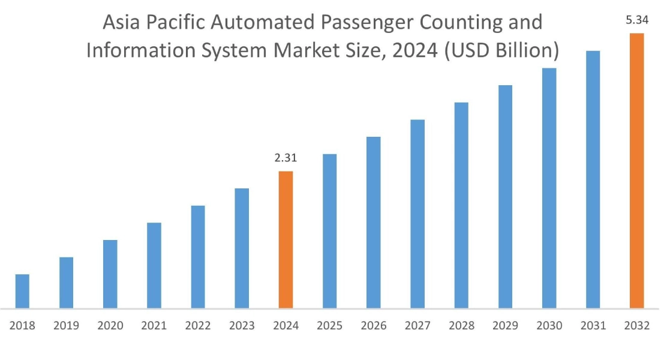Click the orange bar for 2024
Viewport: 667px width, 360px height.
(286, 240)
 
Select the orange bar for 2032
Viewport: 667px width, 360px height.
(636, 171)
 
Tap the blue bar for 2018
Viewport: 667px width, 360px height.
(22, 292)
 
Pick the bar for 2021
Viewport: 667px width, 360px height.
(154, 266)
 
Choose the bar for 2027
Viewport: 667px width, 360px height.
(417, 214)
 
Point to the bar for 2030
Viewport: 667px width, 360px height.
(549, 188)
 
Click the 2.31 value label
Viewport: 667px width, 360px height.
(286, 158)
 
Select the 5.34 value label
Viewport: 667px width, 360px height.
(636, 20)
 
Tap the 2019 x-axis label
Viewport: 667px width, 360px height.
(66, 326)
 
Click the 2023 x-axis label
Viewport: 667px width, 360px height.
(242, 326)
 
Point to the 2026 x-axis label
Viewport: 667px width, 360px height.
(374, 326)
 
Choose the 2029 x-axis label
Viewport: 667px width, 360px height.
(505, 326)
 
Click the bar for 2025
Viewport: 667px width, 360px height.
(330, 232)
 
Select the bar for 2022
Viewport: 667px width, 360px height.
(198, 257)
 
